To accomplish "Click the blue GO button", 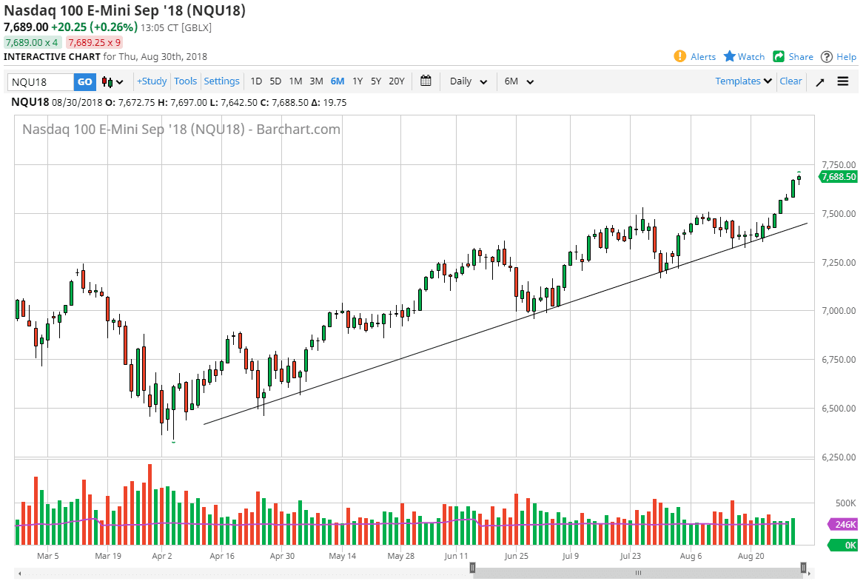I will (x=85, y=81).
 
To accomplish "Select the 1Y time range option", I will (x=358, y=81).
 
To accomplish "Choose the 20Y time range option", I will (x=397, y=81).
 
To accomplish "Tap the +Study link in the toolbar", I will (x=152, y=81).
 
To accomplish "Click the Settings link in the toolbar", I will (x=221, y=81).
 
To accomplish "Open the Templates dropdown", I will (x=743, y=81).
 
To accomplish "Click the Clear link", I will (x=791, y=81).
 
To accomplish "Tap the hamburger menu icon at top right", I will (x=843, y=81).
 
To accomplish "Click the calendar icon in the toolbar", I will (x=426, y=81).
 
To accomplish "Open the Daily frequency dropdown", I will (x=469, y=81).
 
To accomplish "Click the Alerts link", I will (x=695, y=57).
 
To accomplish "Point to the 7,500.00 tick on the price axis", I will (x=839, y=214).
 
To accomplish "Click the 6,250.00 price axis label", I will (x=839, y=457).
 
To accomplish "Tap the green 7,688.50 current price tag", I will (x=839, y=177).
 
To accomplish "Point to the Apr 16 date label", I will (x=222, y=555).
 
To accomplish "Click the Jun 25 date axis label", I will (x=515, y=555).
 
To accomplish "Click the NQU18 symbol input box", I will (x=41, y=81).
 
